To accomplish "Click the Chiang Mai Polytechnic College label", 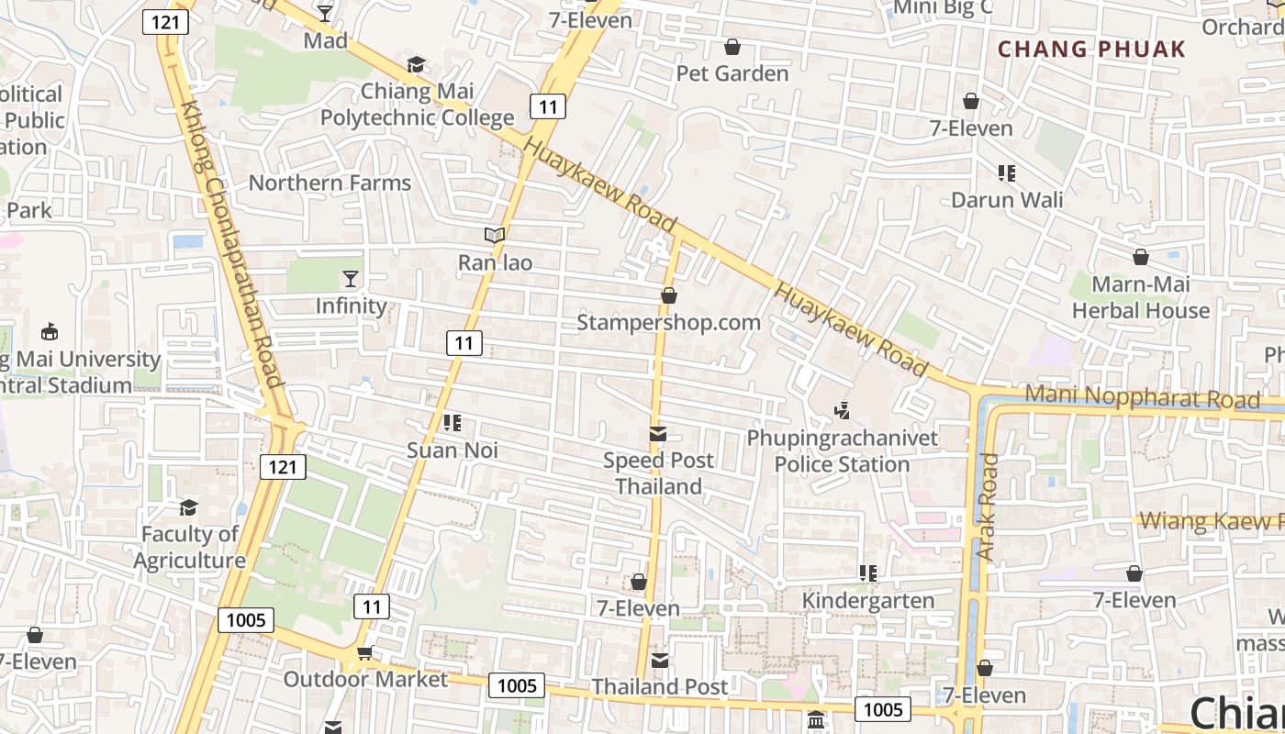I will click(x=417, y=104).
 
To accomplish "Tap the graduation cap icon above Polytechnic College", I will click(x=417, y=64).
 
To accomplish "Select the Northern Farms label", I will click(x=330, y=183).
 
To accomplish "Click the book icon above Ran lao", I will click(x=495, y=236).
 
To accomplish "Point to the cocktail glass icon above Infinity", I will click(x=350, y=278).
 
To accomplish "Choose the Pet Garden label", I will click(x=732, y=73).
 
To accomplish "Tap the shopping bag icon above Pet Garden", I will click(x=732, y=47).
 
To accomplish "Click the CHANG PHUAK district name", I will click(x=1091, y=50).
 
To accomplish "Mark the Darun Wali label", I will click(x=1007, y=200).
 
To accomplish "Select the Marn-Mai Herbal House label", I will click(x=1141, y=297).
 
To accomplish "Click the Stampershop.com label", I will click(x=668, y=323).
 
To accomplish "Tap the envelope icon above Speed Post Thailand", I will click(x=657, y=434).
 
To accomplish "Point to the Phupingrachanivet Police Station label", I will click(x=842, y=450).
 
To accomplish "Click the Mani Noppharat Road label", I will click(x=1142, y=398).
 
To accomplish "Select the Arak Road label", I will click(x=987, y=507).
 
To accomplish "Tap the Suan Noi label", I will click(x=452, y=450).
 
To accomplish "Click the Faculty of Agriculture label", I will click(x=189, y=547).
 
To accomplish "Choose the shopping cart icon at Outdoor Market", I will click(x=364, y=653).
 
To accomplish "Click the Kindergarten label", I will click(x=867, y=601).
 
